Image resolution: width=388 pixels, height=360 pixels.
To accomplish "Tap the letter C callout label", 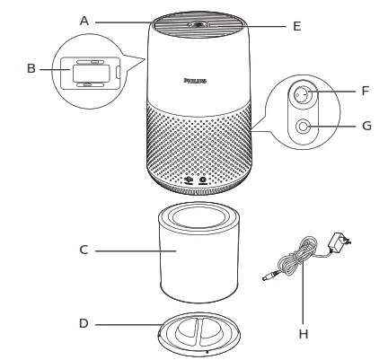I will (x=84, y=250).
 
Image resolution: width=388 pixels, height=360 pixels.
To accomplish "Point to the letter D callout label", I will (x=84, y=322).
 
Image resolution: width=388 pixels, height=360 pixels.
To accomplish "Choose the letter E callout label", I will (x=296, y=26).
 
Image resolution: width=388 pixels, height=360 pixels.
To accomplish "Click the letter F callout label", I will (x=365, y=90).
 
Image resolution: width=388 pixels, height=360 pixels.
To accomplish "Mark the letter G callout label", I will (x=366, y=126).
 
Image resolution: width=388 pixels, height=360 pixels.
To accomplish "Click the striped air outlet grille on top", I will (x=171, y=27).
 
